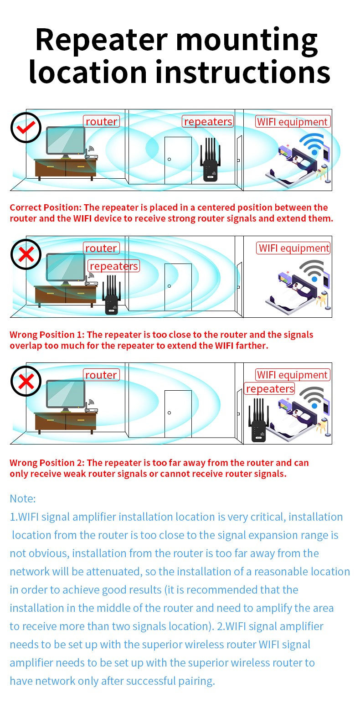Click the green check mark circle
pyautogui.click(x=26, y=128)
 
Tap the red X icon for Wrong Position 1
pyautogui.click(x=26, y=254)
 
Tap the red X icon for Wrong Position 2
pyautogui.click(x=26, y=381)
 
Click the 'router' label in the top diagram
pyautogui.click(x=101, y=121)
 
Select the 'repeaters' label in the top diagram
pyautogui.click(x=208, y=121)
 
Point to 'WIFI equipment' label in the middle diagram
pyautogui.click(x=293, y=248)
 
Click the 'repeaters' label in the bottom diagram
pyautogui.click(x=270, y=389)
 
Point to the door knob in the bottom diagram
pyautogui.click(x=169, y=413)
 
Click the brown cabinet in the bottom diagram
pyautogui.click(x=66, y=422)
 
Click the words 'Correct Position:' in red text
pyautogui.click(x=46, y=207)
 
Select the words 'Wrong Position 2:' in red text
pyautogui.click(x=47, y=463)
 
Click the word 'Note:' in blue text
pyautogui.click(x=22, y=498)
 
